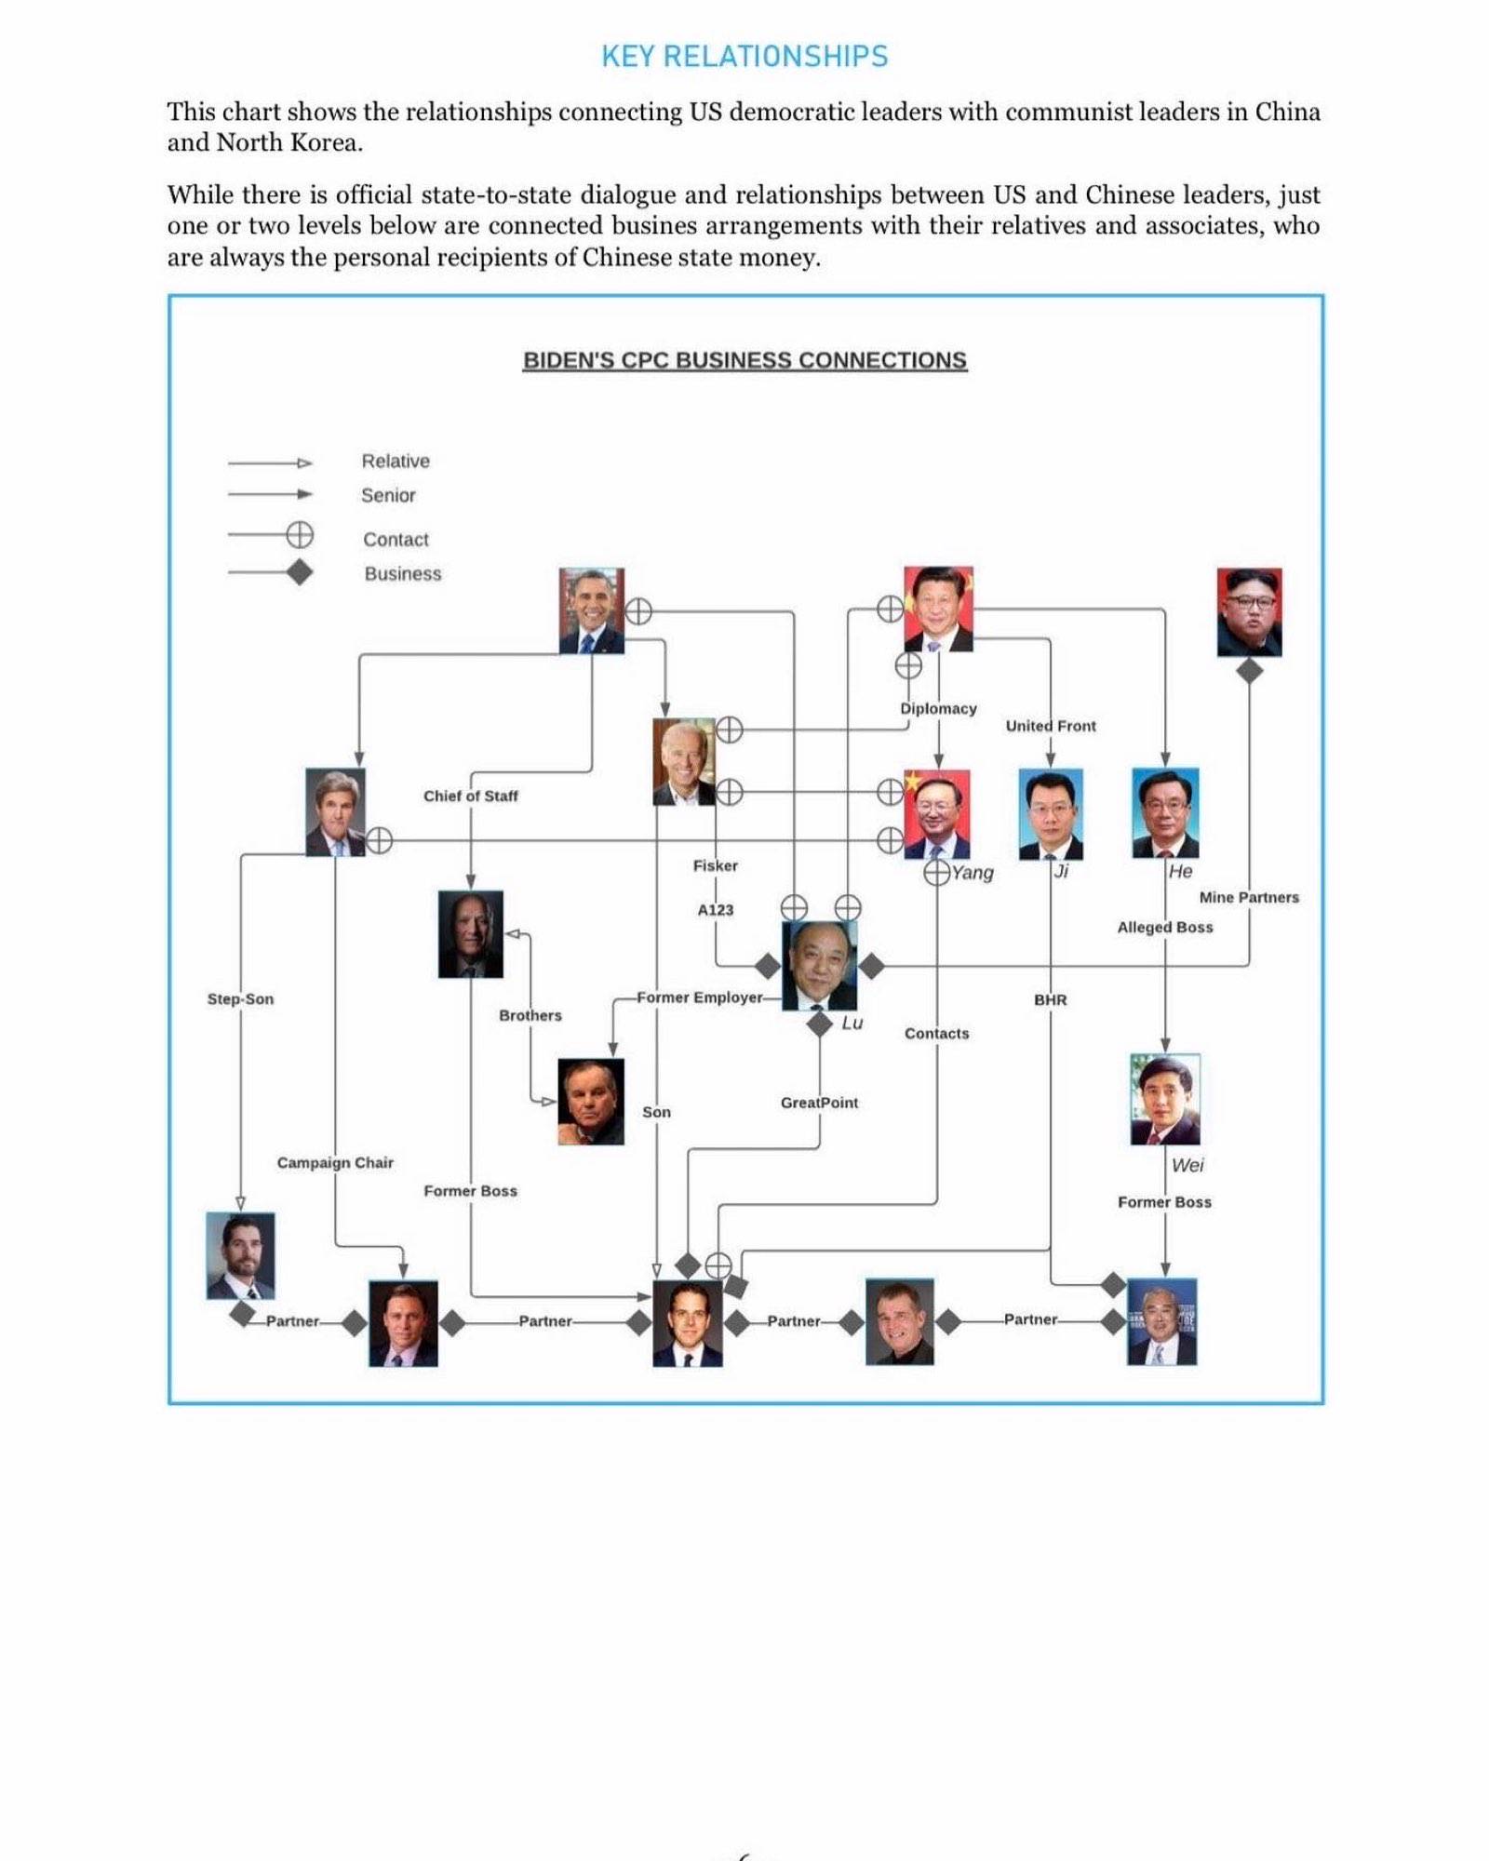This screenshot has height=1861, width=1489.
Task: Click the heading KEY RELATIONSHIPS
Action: pyautogui.click(x=744, y=57)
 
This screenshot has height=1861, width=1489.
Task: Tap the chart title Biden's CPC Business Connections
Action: pyautogui.click(x=744, y=360)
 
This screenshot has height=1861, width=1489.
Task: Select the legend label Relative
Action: pyautogui.click(x=396, y=462)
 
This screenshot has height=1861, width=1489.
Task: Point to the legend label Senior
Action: pyautogui.click(x=388, y=496)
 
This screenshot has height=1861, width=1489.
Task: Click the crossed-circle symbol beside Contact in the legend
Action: pyautogui.click(x=299, y=535)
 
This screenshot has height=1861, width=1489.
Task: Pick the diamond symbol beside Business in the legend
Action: pyautogui.click(x=299, y=572)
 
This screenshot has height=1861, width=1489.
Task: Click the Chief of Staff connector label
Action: pyautogui.click(x=470, y=797)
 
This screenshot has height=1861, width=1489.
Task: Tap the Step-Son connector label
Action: pyautogui.click(x=240, y=999)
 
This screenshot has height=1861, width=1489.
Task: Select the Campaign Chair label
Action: pyautogui.click(x=335, y=1163)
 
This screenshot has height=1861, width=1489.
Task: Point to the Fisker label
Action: pyautogui.click(x=715, y=866)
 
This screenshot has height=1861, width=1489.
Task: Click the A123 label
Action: pyautogui.click(x=715, y=910)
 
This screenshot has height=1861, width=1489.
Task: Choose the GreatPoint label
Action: pyautogui.click(x=819, y=1103)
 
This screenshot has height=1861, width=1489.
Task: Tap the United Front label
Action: pyautogui.click(x=1051, y=726)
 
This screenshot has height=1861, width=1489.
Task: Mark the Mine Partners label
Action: pyautogui.click(x=1249, y=898)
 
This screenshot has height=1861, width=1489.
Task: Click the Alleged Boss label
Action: pyautogui.click(x=1165, y=928)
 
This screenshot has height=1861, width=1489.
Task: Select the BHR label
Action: pyautogui.click(x=1051, y=1000)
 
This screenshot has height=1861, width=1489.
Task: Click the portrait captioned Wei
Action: pyautogui.click(x=1165, y=1099)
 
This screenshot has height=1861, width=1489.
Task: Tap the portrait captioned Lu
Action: pyautogui.click(x=819, y=966)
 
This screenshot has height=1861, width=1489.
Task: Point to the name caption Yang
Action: pyautogui.click(x=973, y=873)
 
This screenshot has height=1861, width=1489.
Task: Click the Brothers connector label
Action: pyautogui.click(x=530, y=1016)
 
